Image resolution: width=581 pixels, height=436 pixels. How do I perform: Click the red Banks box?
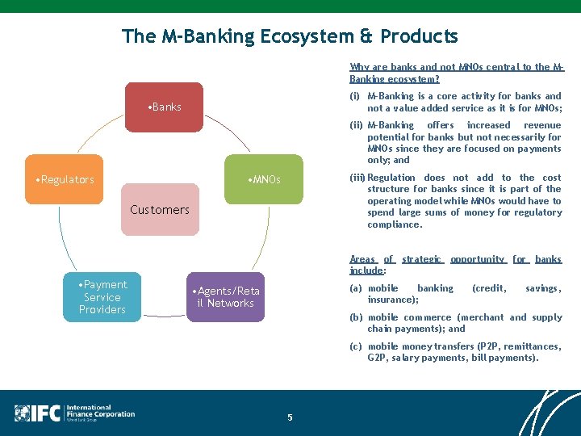tap(164, 107)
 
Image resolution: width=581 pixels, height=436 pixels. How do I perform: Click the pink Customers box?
tap(160, 209)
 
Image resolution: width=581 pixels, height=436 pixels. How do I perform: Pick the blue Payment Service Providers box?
tap(102, 296)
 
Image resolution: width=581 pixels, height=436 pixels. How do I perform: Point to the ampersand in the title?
tap(366, 36)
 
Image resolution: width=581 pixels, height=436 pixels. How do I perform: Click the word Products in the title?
tap(419, 36)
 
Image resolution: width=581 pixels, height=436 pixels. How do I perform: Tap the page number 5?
tap(290, 417)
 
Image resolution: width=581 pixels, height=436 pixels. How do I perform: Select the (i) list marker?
tap(355, 96)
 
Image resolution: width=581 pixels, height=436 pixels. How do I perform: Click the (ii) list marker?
tap(356, 125)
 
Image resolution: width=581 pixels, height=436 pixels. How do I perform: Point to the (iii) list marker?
tap(357, 178)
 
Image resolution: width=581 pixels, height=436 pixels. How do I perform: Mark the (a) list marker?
tap(356, 288)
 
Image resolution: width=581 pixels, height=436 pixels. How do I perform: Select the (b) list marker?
tap(356, 317)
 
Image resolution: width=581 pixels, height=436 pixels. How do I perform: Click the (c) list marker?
tap(356, 346)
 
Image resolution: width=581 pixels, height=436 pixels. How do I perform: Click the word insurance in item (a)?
tap(391, 300)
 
